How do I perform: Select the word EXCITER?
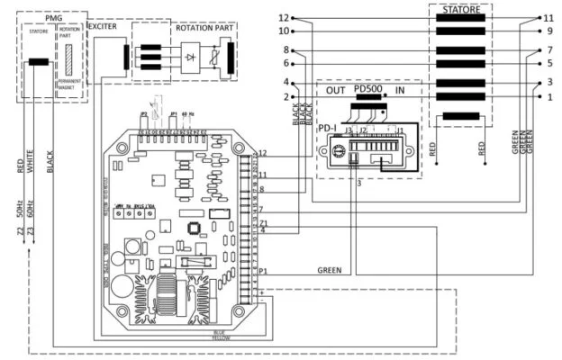tap(103, 27)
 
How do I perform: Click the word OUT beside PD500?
tap(336, 90)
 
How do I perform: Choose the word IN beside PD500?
tap(400, 90)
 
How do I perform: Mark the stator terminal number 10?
tap(285, 31)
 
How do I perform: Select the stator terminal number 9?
tap(548, 31)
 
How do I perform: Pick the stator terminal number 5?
tap(548, 64)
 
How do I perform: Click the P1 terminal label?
tap(263, 270)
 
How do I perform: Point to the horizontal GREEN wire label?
tap(330, 269)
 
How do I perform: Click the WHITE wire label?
tap(30, 162)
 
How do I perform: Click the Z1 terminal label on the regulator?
tap(263, 221)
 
